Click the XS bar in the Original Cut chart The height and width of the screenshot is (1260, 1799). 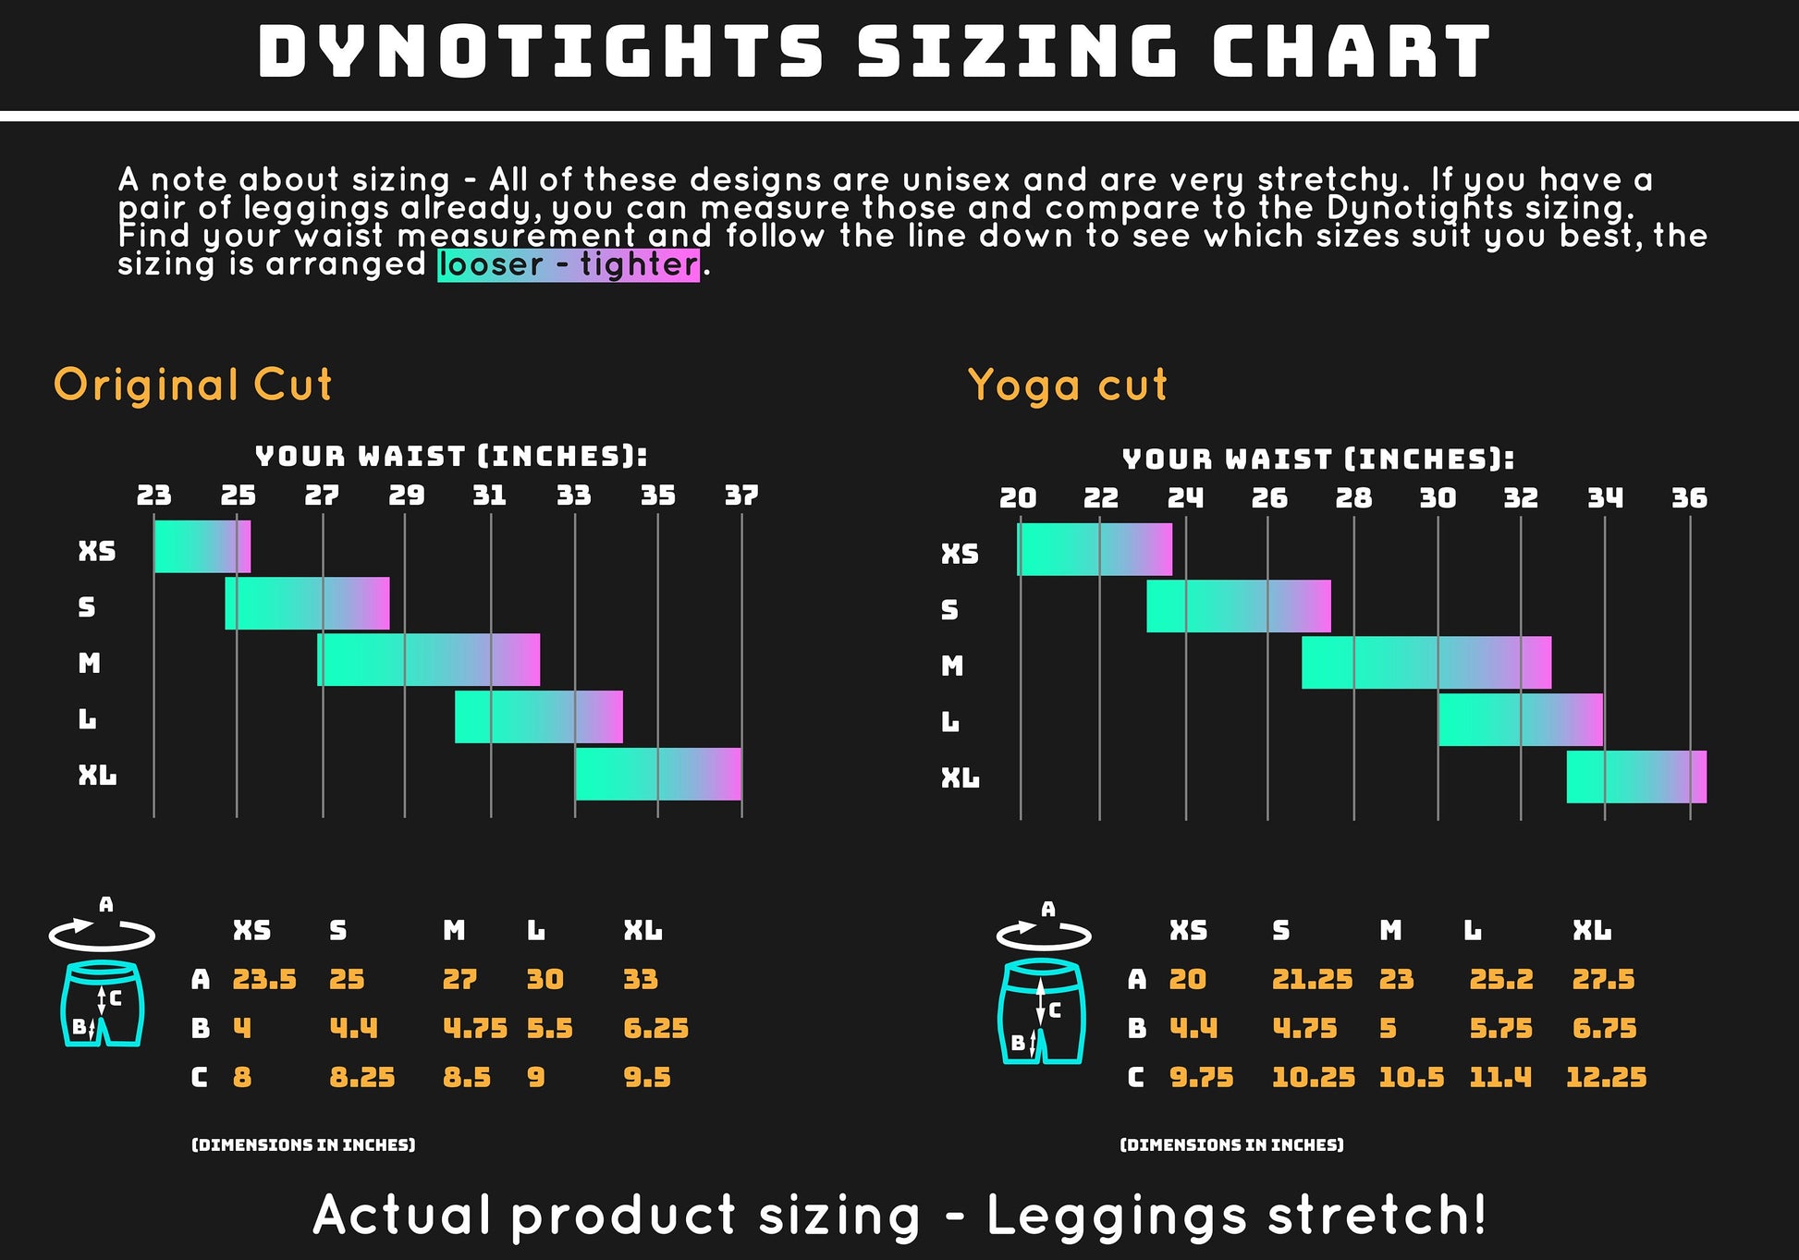click(202, 546)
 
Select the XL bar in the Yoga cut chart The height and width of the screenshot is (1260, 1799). click(1635, 777)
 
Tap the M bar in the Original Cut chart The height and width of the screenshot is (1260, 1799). click(428, 660)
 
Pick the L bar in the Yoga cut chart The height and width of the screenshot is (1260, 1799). click(1520, 719)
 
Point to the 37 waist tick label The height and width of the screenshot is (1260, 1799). click(741, 495)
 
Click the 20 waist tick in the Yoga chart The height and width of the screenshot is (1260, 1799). click(1018, 498)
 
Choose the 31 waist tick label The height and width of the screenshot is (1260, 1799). click(489, 495)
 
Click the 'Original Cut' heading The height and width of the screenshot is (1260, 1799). click(192, 385)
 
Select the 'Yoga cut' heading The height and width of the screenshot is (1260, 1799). click(1067, 385)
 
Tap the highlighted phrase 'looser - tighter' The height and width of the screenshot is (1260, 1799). click(568, 264)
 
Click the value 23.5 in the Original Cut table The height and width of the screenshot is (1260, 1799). click(263, 979)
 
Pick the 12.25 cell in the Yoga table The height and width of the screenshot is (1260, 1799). click(1606, 1077)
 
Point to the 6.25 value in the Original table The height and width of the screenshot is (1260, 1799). click(655, 1028)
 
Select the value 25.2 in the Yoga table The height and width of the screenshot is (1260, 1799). click(1500, 979)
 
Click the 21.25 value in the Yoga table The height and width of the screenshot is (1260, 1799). click(1312, 979)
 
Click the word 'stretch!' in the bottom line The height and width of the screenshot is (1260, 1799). click(1377, 1215)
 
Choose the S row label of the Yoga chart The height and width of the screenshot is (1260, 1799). click(949, 610)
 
